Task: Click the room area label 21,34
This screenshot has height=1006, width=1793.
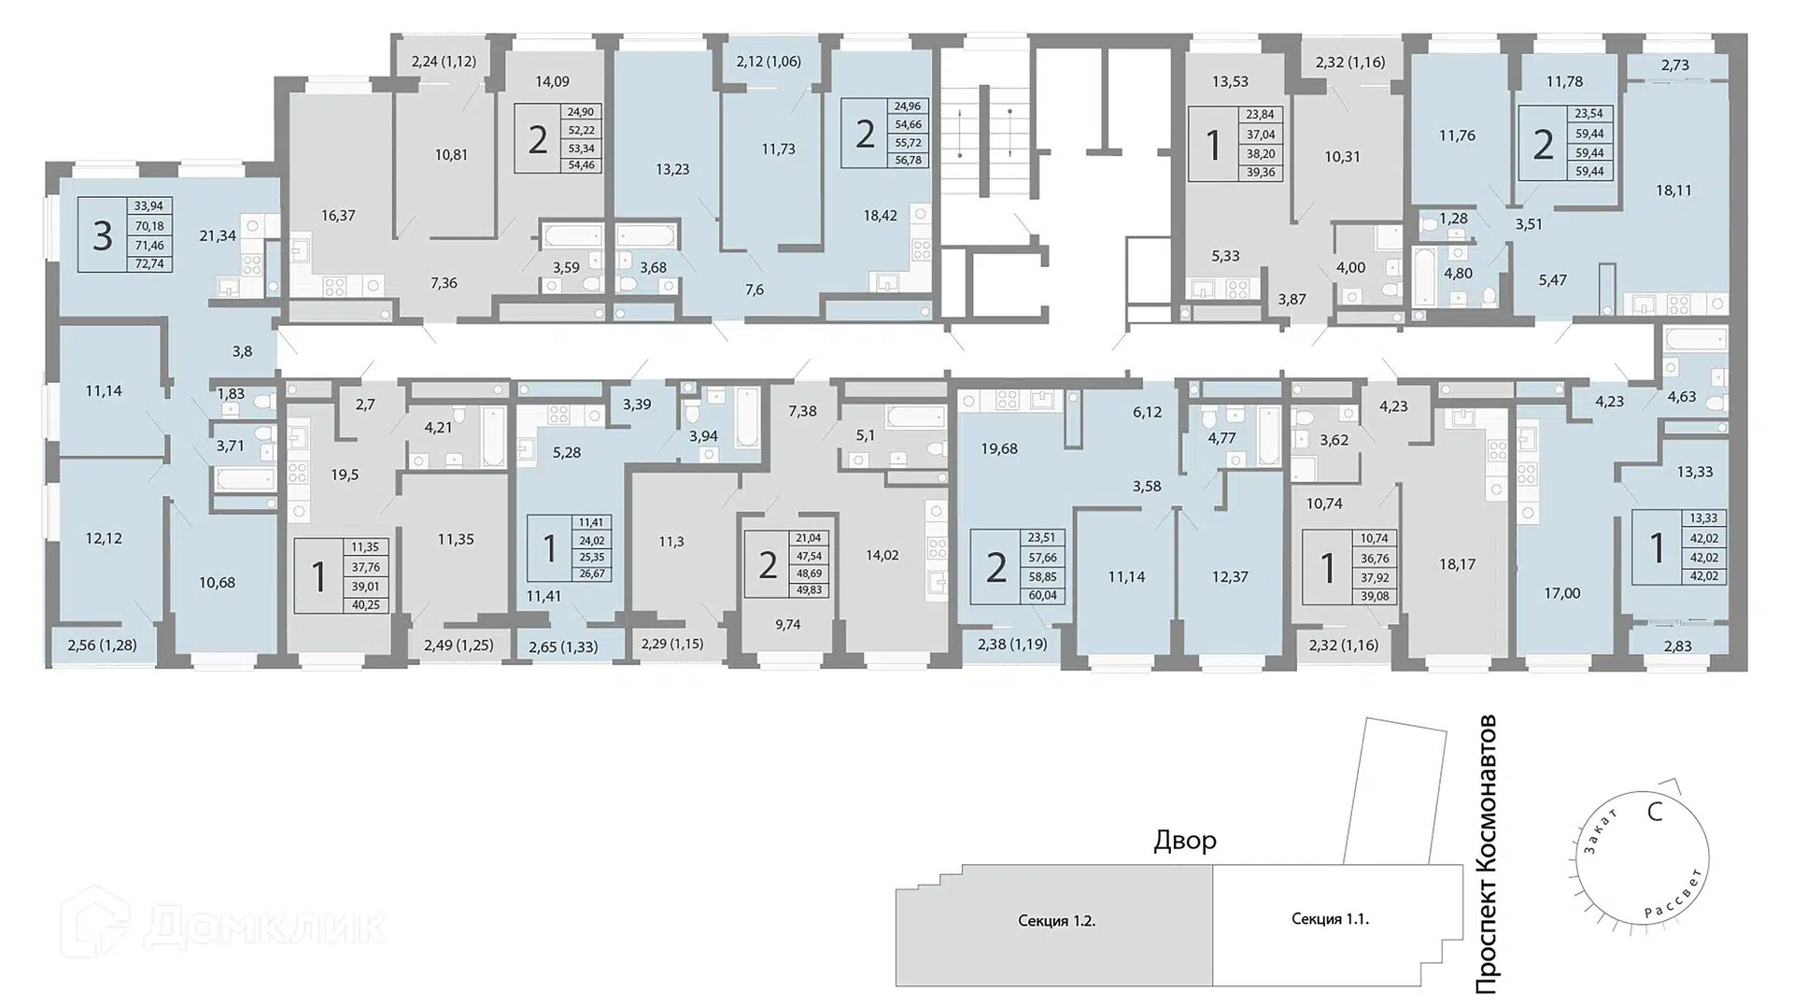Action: coord(218,235)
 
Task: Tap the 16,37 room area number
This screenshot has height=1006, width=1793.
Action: coord(338,215)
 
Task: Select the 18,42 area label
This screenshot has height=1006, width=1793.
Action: coord(881,215)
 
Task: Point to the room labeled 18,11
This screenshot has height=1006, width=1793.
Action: coord(1673,190)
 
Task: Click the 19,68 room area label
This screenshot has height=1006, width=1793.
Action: coord(999,448)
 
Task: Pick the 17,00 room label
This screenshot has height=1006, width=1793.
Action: coord(1562,593)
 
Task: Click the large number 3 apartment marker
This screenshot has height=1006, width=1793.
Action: coord(102,235)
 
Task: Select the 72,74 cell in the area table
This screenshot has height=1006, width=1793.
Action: coord(149,263)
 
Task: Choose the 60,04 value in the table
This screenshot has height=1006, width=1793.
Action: coord(1042,595)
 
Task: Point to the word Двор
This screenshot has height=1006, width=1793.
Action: coord(1185,841)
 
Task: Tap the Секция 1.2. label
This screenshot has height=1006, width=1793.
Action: coord(1057,921)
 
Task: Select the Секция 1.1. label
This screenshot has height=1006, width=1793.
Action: coord(1330,919)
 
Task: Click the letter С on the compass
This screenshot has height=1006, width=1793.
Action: coord(1655,812)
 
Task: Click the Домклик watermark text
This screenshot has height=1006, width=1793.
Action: coord(265,926)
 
